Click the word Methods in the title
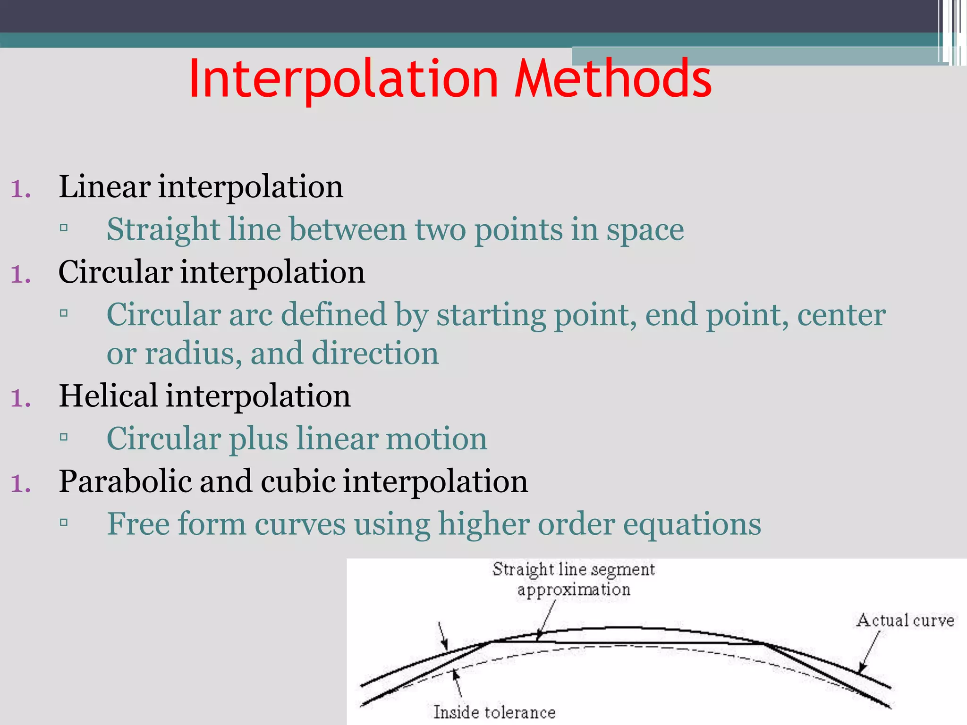click(612, 78)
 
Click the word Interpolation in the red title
click(343, 79)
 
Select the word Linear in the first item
click(104, 186)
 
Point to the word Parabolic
click(126, 481)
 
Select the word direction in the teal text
click(375, 354)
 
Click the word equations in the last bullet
click(692, 525)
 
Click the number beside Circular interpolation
click(21, 274)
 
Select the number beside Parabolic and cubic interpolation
click(21, 483)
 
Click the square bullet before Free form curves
click(64, 523)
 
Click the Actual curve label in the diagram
click(905, 620)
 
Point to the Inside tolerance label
click(494, 712)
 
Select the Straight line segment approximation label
click(573, 579)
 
